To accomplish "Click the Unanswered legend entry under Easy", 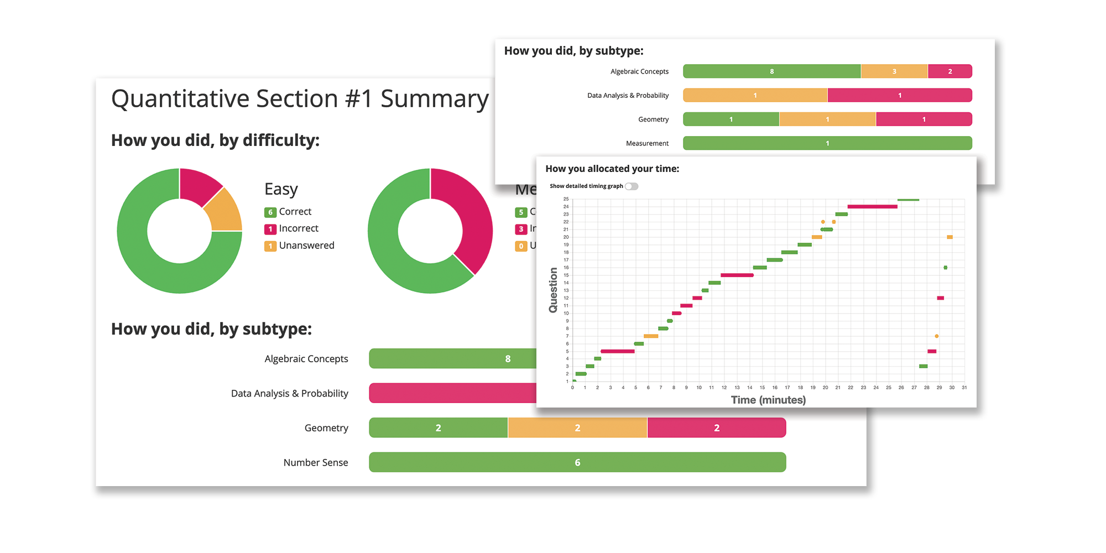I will (x=306, y=246).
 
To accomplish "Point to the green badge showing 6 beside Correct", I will (x=270, y=212).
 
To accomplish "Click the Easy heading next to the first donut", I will (x=281, y=189).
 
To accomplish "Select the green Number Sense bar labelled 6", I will (x=577, y=462).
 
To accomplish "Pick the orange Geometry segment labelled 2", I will (x=577, y=428).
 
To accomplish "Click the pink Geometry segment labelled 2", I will (x=717, y=428).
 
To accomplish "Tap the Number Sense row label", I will (x=316, y=463).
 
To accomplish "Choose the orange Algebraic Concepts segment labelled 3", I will (x=894, y=71).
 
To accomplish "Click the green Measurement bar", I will (x=827, y=143).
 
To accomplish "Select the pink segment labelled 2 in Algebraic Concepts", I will (x=950, y=71).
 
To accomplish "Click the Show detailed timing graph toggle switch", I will (x=632, y=186).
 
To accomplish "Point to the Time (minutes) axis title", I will (x=768, y=400).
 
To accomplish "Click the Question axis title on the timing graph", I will (x=553, y=290).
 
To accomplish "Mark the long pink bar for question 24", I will (x=872, y=207).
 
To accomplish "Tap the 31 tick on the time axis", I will (x=964, y=388).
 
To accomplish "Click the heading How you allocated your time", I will (x=612, y=169).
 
